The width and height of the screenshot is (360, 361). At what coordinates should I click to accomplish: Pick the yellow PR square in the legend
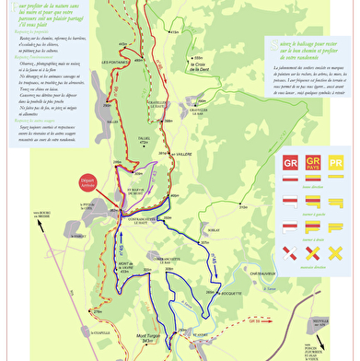337,165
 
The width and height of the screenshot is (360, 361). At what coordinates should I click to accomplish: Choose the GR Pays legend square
311,165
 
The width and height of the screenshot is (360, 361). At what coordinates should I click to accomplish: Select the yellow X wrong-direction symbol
337,250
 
